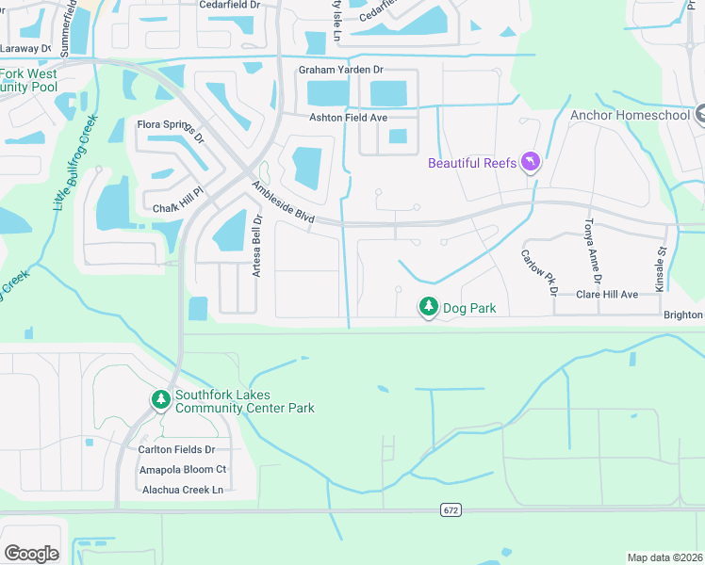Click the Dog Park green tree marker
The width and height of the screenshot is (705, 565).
[x=429, y=307]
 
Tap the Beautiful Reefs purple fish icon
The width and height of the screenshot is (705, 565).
[x=531, y=163]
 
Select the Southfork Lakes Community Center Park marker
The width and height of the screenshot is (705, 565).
[x=161, y=400]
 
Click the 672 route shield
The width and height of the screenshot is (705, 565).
[x=450, y=509]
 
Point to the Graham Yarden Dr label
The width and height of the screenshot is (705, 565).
[x=341, y=70]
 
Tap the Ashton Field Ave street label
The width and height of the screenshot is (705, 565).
[x=349, y=118]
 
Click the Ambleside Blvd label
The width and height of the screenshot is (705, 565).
[x=283, y=202]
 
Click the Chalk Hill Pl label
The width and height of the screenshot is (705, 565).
[x=178, y=209]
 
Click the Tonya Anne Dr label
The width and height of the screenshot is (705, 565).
[x=590, y=250]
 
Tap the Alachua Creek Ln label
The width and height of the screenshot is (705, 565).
[x=183, y=490]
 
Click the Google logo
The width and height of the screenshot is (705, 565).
[x=31, y=553]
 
